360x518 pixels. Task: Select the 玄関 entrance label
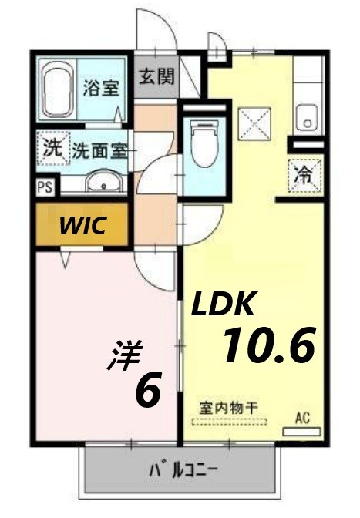tap(156, 77)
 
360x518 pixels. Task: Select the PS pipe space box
tap(44, 186)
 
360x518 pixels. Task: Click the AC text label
tap(302, 418)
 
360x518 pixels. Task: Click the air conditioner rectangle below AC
tap(301, 432)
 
